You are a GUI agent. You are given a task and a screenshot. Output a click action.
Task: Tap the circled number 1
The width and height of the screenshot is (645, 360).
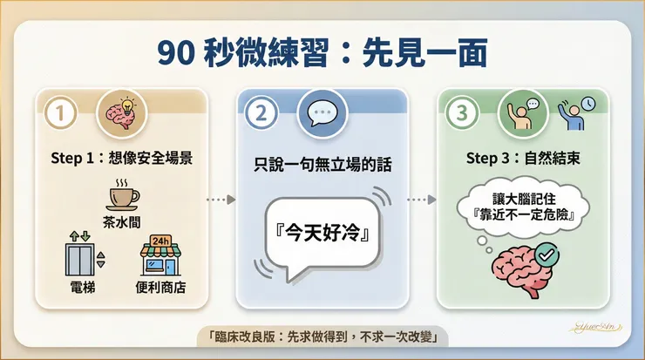click(x=60, y=113)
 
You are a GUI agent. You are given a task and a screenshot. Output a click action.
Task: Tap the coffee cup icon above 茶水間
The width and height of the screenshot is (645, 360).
click(x=122, y=193)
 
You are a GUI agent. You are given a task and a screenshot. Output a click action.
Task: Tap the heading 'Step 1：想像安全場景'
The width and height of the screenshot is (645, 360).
click(x=122, y=159)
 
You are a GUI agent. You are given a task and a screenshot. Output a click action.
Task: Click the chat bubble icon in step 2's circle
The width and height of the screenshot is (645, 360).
click(x=322, y=114)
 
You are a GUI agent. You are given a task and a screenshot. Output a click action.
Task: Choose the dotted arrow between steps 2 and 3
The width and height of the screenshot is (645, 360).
click(x=422, y=200)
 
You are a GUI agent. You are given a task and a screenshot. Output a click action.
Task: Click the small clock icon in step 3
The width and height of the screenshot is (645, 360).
click(x=589, y=103)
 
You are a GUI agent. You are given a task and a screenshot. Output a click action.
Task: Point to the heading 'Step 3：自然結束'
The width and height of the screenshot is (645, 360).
click(x=523, y=159)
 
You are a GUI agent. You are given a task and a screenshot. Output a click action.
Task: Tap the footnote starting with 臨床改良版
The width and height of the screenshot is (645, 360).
click(x=322, y=335)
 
